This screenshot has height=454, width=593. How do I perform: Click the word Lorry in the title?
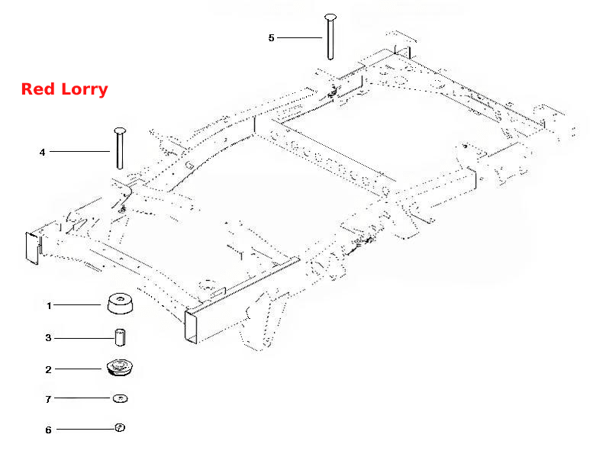[85, 90]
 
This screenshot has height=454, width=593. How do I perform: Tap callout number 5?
[271, 38]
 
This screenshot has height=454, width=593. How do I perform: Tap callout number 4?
[43, 152]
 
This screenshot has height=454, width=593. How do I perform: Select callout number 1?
[49, 305]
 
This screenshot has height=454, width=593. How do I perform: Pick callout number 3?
[48, 337]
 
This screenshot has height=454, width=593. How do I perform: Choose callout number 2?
[48, 369]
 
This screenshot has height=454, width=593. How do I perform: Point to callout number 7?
[48, 399]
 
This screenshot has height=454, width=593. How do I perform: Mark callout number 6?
[48, 430]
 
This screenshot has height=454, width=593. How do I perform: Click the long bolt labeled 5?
[330, 37]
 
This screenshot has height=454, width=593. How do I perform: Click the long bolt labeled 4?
[120, 148]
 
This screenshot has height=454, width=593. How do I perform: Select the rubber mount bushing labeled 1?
[121, 304]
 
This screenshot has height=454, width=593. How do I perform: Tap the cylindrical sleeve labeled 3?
[121, 337]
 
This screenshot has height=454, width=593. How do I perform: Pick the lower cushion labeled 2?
[120, 368]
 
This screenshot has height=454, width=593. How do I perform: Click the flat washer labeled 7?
[121, 398]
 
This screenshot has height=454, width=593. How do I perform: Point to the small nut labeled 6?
[120, 428]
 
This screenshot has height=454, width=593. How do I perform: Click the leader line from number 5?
[299, 37]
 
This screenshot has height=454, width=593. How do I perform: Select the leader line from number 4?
[80, 152]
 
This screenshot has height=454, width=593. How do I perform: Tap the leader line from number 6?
[85, 429]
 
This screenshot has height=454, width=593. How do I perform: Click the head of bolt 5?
[330, 17]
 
